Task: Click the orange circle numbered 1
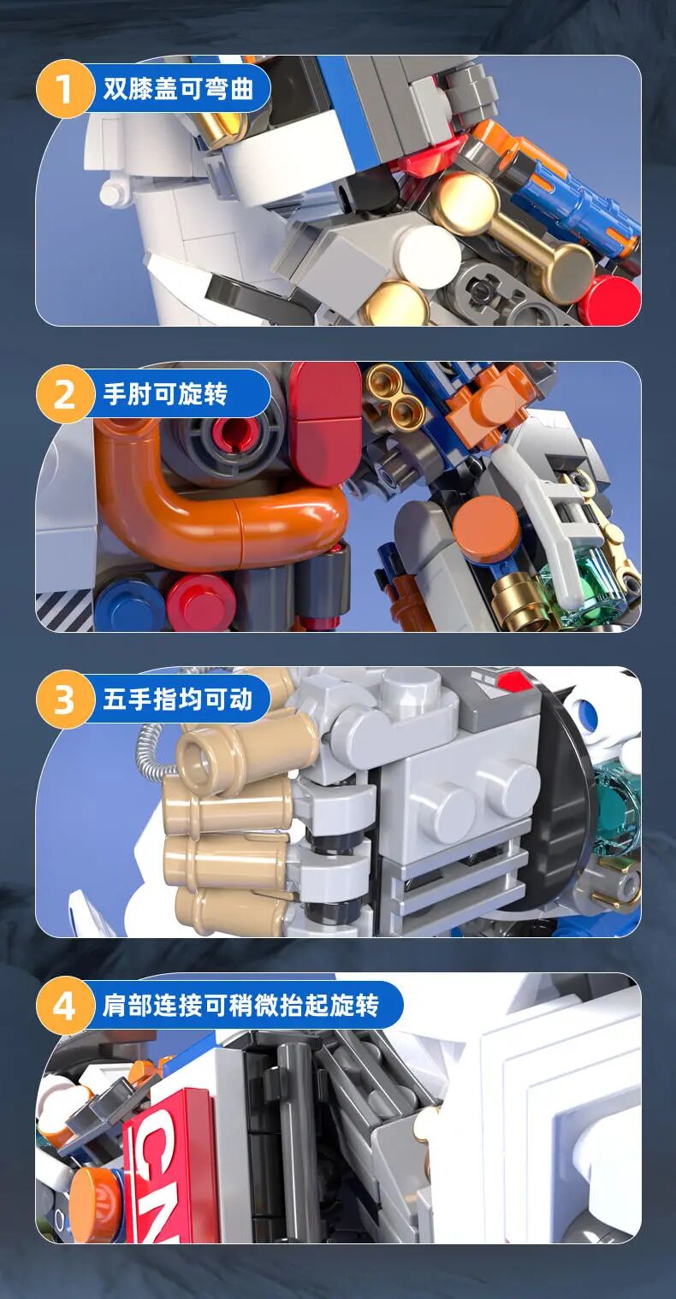(x=64, y=89)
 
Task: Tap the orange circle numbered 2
(x=64, y=394)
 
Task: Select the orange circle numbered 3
(x=64, y=700)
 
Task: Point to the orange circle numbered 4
(x=64, y=1005)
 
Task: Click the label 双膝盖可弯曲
(x=178, y=89)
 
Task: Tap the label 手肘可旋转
(x=165, y=394)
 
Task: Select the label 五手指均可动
(x=178, y=700)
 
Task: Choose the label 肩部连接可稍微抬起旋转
(x=240, y=1005)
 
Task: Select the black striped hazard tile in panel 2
(x=64, y=611)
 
